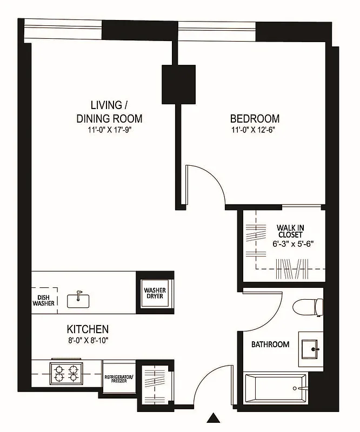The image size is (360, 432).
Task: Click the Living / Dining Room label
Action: (x=109, y=111)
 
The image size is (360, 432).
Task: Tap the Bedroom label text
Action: (x=255, y=119)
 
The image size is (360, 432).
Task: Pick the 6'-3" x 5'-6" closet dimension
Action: (x=294, y=244)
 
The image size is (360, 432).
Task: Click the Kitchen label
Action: (x=88, y=329)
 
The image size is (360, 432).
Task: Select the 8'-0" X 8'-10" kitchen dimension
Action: (x=88, y=340)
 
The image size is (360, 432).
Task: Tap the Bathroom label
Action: (x=270, y=344)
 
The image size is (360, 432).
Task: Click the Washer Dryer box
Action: (x=155, y=294)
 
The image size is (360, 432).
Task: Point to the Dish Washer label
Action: (x=43, y=300)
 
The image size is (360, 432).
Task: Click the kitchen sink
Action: (x=78, y=300)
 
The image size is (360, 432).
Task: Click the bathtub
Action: (x=275, y=388)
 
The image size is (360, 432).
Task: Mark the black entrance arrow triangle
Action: (x=215, y=417)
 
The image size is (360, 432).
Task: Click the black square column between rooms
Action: (x=178, y=84)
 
